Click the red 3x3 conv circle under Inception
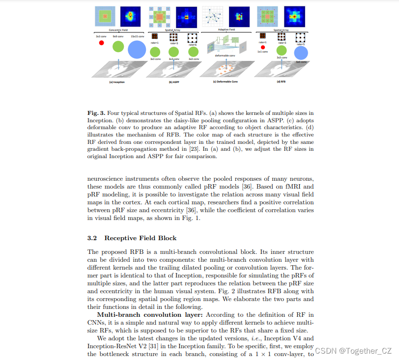[102, 43]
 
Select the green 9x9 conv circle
[118, 47]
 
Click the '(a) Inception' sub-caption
[117, 82]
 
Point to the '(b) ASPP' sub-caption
[174, 82]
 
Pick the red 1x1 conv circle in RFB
[263, 47]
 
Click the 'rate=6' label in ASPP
[193, 45]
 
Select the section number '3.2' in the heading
[92, 238]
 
